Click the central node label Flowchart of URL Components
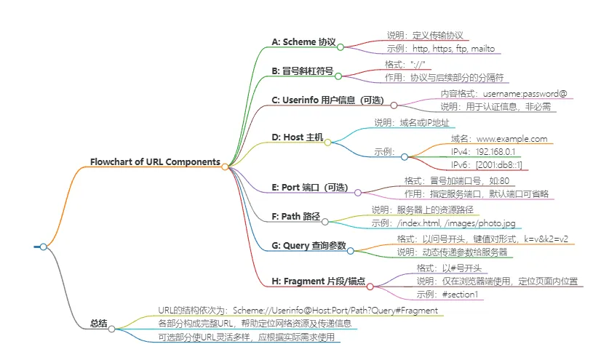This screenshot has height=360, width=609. (155, 161)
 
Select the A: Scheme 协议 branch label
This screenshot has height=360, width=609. (303, 41)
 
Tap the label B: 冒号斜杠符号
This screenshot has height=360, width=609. (302, 71)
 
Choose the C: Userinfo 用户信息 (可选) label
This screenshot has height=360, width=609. (327, 100)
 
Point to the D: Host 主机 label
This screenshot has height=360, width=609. (297, 137)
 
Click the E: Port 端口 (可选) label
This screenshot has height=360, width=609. (309, 188)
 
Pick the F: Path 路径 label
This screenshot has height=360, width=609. (295, 216)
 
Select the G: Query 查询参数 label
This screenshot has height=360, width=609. (309, 245)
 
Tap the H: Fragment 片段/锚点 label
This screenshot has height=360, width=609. (318, 281)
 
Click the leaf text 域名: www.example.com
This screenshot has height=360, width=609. (498, 138)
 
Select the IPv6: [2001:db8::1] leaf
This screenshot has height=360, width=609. (485, 165)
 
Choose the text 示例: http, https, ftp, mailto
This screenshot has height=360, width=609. (441, 49)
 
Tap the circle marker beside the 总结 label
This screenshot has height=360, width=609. (111, 329)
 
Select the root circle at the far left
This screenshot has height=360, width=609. (43, 247)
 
